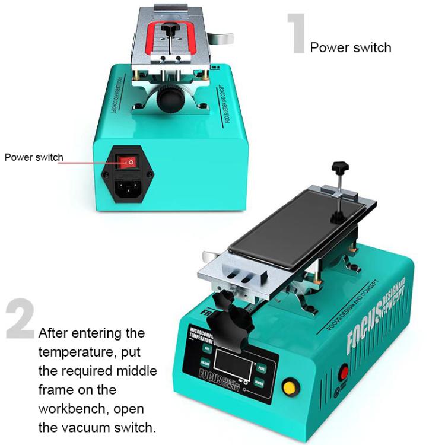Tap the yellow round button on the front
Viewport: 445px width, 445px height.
point(289,387)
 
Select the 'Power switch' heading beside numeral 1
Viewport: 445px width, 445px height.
point(351,47)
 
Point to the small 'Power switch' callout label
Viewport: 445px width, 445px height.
point(33,157)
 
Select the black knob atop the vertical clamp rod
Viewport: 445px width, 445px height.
point(339,167)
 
